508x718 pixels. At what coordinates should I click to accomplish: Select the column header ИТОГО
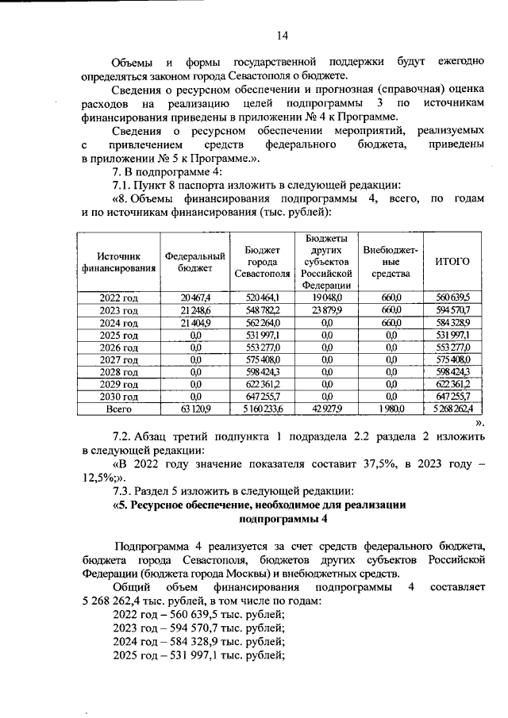click(453, 261)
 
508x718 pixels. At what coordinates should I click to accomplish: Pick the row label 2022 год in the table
click(118, 297)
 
